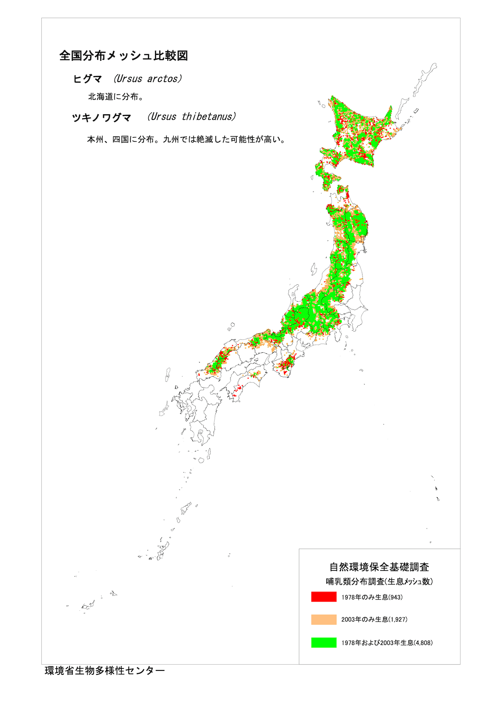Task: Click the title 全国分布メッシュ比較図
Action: tap(123, 56)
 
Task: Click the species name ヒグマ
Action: tap(87, 79)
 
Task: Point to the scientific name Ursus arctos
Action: tap(147, 79)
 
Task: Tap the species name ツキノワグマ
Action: tap(101, 117)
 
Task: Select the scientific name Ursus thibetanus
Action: tap(192, 117)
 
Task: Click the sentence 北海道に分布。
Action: tap(116, 97)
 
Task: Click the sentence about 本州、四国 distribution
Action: tap(186, 139)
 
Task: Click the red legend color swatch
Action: tap(324, 597)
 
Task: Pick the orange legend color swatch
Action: tap(324, 619)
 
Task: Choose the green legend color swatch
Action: tap(324, 643)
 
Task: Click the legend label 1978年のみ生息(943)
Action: tap(372, 597)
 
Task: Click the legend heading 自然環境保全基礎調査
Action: tap(379, 567)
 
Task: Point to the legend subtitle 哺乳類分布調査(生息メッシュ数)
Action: tap(379, 582)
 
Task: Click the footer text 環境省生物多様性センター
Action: tap(105, 671)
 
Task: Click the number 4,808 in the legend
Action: tap(423, 643)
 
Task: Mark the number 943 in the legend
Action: tap(396, 597)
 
